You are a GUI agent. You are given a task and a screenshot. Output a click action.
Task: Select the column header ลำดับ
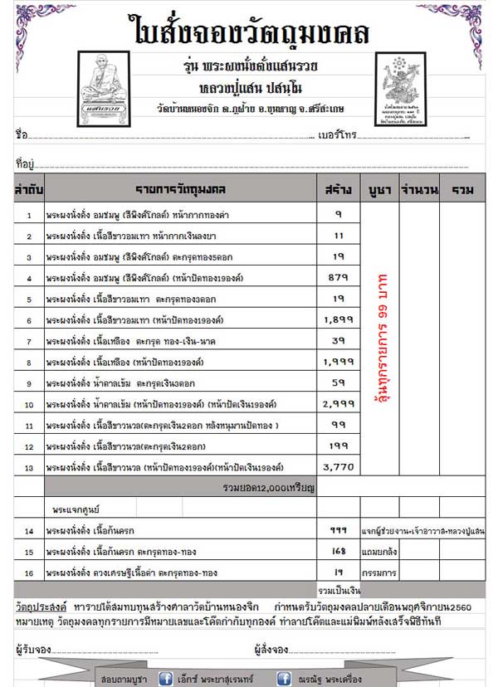pos(28,190)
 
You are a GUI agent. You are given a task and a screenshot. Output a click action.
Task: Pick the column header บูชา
pos(378,190)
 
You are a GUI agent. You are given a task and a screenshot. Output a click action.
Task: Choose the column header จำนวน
pos(418,190)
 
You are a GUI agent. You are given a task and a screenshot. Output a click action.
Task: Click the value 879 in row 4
pos(338,278)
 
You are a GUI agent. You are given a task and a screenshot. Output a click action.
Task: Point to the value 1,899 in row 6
pos(338,320)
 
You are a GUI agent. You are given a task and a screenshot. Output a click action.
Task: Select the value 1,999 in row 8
pos(338,363)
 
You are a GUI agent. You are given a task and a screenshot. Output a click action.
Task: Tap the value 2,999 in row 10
pos(338,405)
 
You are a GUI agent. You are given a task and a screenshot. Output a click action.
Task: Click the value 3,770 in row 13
pos(338,467)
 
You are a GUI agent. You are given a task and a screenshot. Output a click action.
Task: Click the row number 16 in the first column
pos(28,572)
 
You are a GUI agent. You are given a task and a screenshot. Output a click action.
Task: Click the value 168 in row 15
pos(338,552)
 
